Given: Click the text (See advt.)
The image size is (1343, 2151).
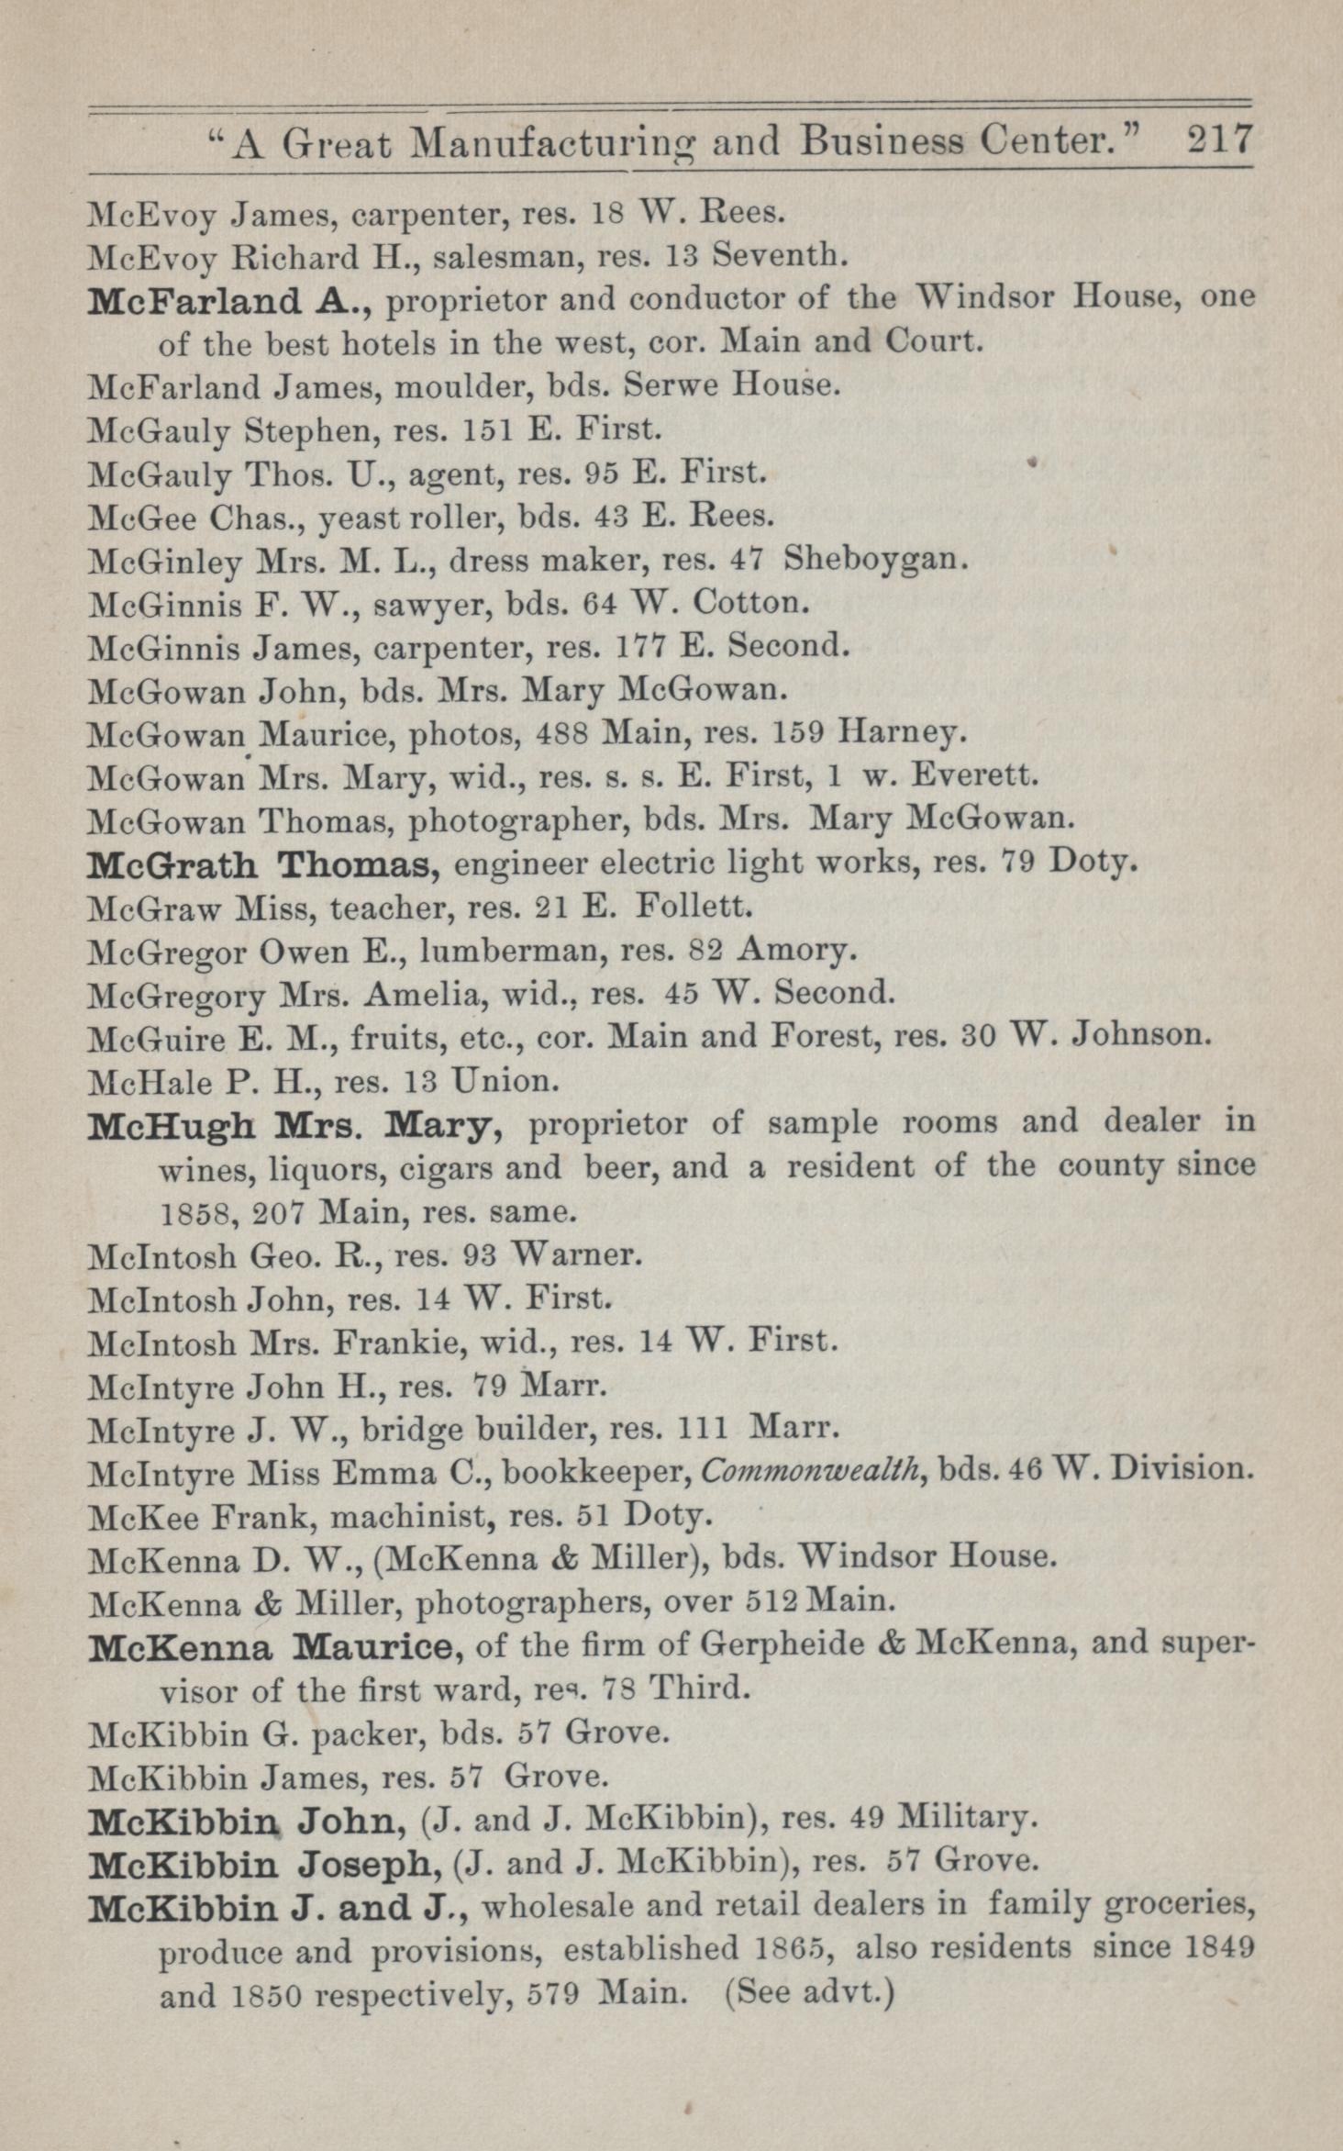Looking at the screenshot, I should pos(809,1993).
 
